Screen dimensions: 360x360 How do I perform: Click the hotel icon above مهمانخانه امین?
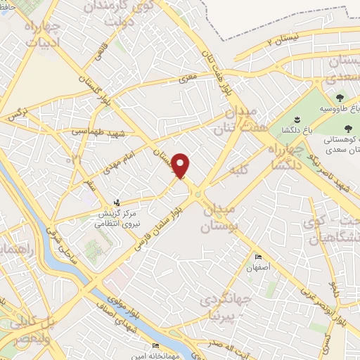(x=155, y=345)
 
